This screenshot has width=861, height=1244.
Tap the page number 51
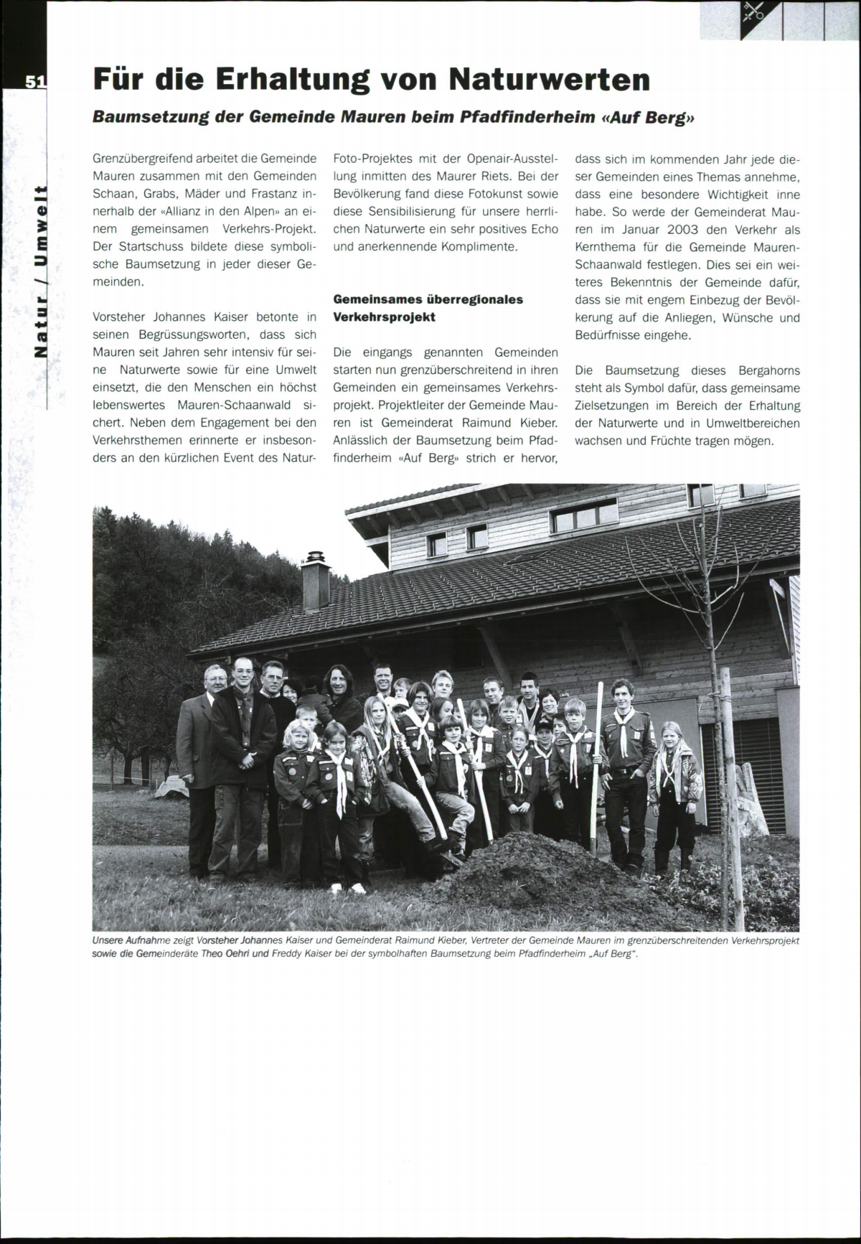[x=34, y=81]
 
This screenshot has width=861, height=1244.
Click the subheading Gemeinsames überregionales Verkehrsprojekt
[x=428, y=308]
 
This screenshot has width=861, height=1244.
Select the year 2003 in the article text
[x=690, y=230]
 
